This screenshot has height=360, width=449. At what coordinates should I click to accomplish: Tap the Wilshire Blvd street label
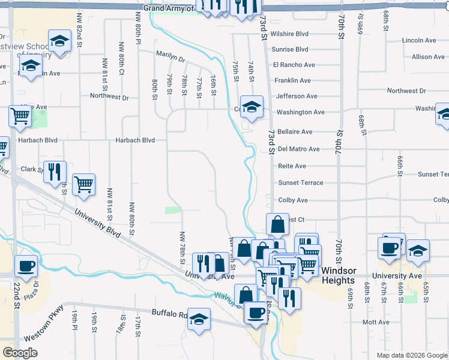[x=289, y=34]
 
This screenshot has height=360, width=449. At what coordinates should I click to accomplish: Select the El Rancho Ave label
[x=294, y=65]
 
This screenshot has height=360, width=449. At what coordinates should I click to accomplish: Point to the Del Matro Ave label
[x=298, y=149]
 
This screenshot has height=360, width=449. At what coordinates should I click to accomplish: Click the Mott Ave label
[x=376, y=322]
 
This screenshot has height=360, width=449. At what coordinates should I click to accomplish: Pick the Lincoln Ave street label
[x=419, y=40]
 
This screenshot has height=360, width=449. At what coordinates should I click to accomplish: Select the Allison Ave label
[x=428, y=57]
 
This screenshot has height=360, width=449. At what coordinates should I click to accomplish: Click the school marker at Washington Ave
[x=252, y=106]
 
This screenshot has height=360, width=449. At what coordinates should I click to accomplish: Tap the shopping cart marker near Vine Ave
[x=20, y=116]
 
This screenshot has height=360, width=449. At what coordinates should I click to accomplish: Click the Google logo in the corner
[x=20, y=352]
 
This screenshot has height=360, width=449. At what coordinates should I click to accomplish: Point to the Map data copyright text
[x=412, y=355]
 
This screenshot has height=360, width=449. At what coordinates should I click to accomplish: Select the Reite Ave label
[x=292, y=166]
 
